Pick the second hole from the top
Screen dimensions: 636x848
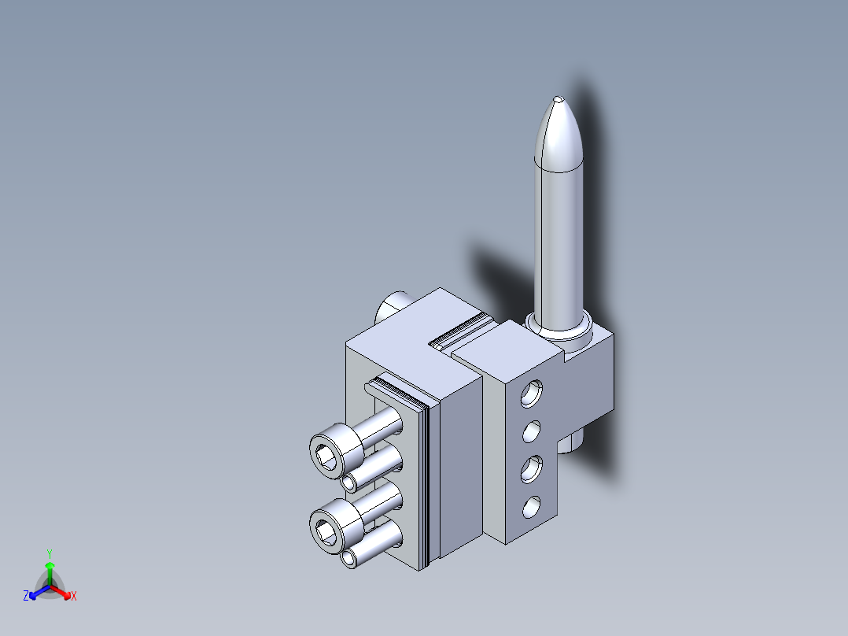pos(532,431)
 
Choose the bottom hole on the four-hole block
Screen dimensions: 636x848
pos(532,508)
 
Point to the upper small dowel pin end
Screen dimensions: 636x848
pos(349,482)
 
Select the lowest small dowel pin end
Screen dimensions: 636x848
pos(349,559)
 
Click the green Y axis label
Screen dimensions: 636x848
pos(49,553)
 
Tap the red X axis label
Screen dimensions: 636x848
pos(73,597)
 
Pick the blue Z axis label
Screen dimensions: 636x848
pos(26,597)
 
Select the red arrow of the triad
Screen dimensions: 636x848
pos(63,592)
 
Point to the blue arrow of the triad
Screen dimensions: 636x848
pos(36,592)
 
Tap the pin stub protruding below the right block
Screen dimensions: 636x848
pos(573,442)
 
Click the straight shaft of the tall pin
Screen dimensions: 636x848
pos(558,236)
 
